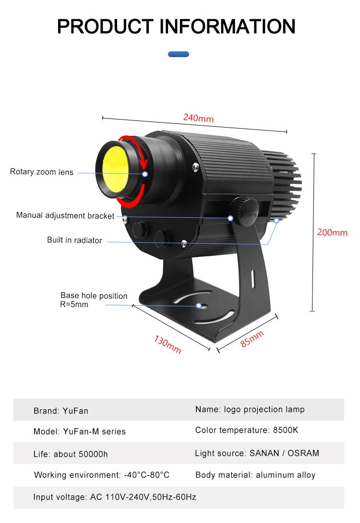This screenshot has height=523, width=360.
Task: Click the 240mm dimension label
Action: (x=198, y=118)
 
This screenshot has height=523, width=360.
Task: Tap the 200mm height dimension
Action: (x=332, y=233)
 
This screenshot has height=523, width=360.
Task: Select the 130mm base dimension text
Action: (x=168, y=345)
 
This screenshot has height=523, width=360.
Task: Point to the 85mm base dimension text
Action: (x=252, y=339)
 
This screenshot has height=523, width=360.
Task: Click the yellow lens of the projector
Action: (x=113, y=170)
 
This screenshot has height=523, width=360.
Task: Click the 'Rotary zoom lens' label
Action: (x=42, y=172)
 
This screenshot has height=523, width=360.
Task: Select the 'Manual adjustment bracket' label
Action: (x=65, y=215)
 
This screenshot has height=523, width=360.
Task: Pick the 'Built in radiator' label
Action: (x=74, y=240)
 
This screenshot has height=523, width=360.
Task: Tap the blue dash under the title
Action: (x=179, y=54)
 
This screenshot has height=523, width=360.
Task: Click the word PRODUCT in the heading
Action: (x=105, y=26)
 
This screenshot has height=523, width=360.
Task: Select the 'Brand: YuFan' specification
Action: (x=61, y=411)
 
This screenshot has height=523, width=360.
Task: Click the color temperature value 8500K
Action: (x=286, y=430)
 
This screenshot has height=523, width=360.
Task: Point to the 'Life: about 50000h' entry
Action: (x=71, y=454)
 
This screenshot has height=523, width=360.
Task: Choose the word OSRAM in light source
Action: (x=303, y=453)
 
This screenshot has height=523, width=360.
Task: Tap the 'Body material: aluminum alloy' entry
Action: (x=255, y=475)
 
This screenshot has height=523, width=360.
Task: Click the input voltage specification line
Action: (x=115, y=497)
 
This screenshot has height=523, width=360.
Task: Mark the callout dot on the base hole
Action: (x=199, y=306)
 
